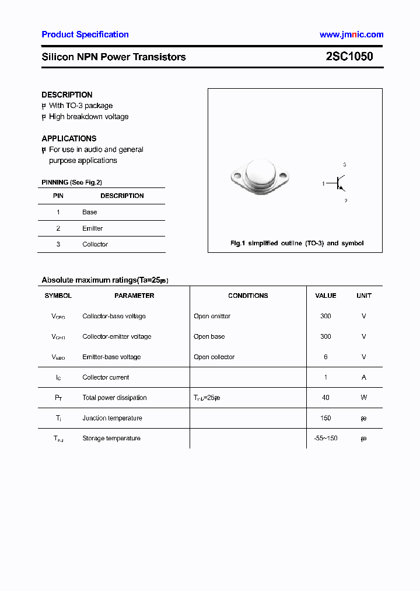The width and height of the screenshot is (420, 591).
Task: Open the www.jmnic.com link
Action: click(x=351, y=34)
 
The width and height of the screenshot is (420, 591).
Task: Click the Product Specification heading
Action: click(x=85, y=34)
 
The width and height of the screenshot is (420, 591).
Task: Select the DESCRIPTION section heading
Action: click(x=67, y=95)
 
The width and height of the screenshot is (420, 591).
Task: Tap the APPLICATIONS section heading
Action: click(x=69, y=138)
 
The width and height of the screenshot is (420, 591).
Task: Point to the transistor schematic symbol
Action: click(x=340, y=183)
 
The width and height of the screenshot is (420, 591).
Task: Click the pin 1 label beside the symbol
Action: click(x=323, y=184)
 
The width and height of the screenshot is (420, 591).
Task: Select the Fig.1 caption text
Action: click(x=297, y=243)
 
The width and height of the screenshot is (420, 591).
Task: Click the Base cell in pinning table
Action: click(x=90, y=212)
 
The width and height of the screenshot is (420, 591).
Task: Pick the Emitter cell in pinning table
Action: click(x=92, y=228)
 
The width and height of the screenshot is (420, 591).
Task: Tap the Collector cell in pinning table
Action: click(x=95, y=244)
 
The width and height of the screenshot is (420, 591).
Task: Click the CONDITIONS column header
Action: click(x=248, y=295)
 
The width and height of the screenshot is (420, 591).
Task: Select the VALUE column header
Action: click(x=325, y=295)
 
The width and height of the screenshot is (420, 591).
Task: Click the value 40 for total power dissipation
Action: click(x=325, y=398)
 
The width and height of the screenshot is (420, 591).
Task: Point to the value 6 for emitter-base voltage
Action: click(x=325, y=357)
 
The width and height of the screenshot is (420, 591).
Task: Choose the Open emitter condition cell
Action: click(x=212, y=316)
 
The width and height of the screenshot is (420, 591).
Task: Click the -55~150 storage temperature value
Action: click(x=325, y=438)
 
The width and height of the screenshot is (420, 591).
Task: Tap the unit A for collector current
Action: click(x=363, y=377)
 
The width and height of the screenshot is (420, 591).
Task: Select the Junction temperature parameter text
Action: click(x=112, y=418)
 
